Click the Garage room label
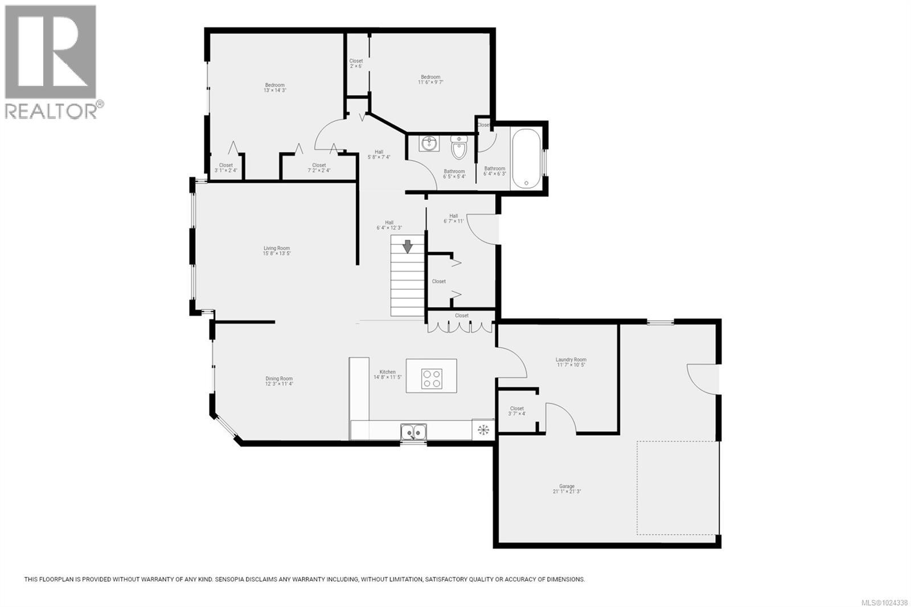[x=567, y=489]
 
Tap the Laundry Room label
[x=571, y=362]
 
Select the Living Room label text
[x=277, y=251]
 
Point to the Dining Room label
[x=279, y=381]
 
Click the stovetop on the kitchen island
[x=432, y=379]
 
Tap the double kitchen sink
[x=413, y=432]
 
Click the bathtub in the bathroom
[x=526, y=159]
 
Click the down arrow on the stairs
[x=408, y=247]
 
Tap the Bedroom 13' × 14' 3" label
[x=274, y=88]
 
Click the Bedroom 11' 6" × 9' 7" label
[x=430, y=80]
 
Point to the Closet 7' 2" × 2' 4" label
[x=319, y=168]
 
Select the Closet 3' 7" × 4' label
[x=517, y=411]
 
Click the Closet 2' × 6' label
[x=356, y=63]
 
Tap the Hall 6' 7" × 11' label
[x=453, y=218]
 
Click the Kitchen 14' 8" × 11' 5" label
[x=387, y=374]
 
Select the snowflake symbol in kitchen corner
[x=483, y=429]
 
